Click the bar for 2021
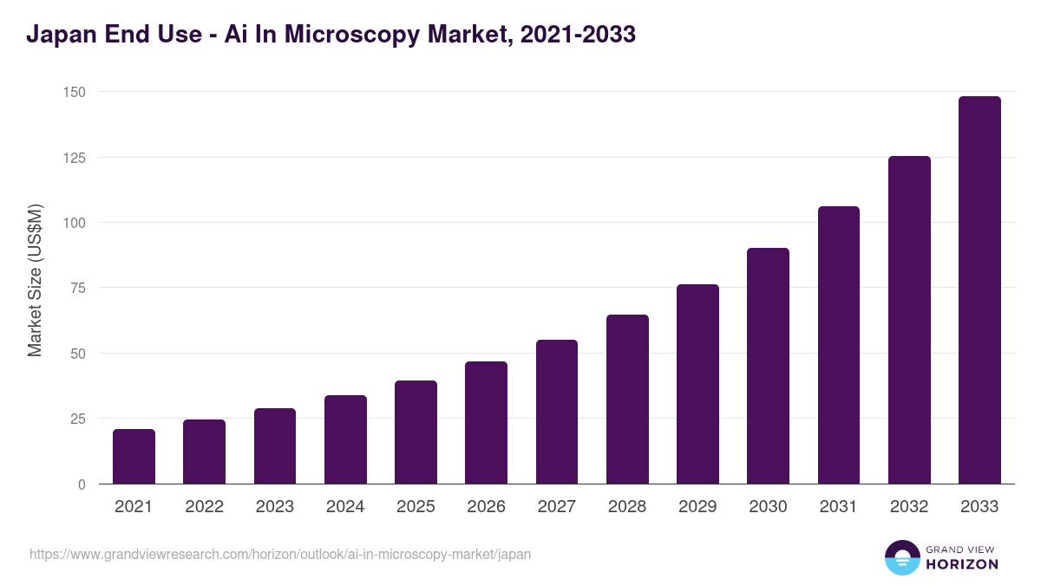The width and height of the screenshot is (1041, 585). pyautogui.click(x=134, y=457)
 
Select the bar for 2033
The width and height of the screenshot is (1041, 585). pyautogui.click(x=979, y=290)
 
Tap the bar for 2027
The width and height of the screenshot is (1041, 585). pyautogui.click(x=556, y=412)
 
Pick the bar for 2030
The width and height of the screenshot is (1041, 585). pyautogui.click(x=768, y=366)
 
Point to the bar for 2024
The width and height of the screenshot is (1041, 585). pyautogui.click(x=345, y=439)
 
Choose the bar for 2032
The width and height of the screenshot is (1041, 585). pyautogui.click(x=909, y=320)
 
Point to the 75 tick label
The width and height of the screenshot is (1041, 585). pyautogui.click(x=77, y=288)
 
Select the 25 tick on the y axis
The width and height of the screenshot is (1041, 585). pyautogui.click(x=77, y=419)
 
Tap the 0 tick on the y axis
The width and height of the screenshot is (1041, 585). pyautogui.click(x=82, y=484)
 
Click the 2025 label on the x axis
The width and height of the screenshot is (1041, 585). pyautogui.click(x=416, y=507)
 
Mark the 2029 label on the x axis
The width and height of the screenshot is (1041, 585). pyautogui.click(x=697, y=507)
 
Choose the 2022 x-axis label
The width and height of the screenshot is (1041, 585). pyautogui.click(x=204, y=507)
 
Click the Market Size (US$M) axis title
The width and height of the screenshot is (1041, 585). pyautogui.click(x=35, y=280)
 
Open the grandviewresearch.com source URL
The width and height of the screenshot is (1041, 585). pyautogui.click(x=280, y=554)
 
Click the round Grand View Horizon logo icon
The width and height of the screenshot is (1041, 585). pyautogui.click(x=901, y=557)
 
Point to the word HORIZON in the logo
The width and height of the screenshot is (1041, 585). pyautogui.click(x=962, y=564)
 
